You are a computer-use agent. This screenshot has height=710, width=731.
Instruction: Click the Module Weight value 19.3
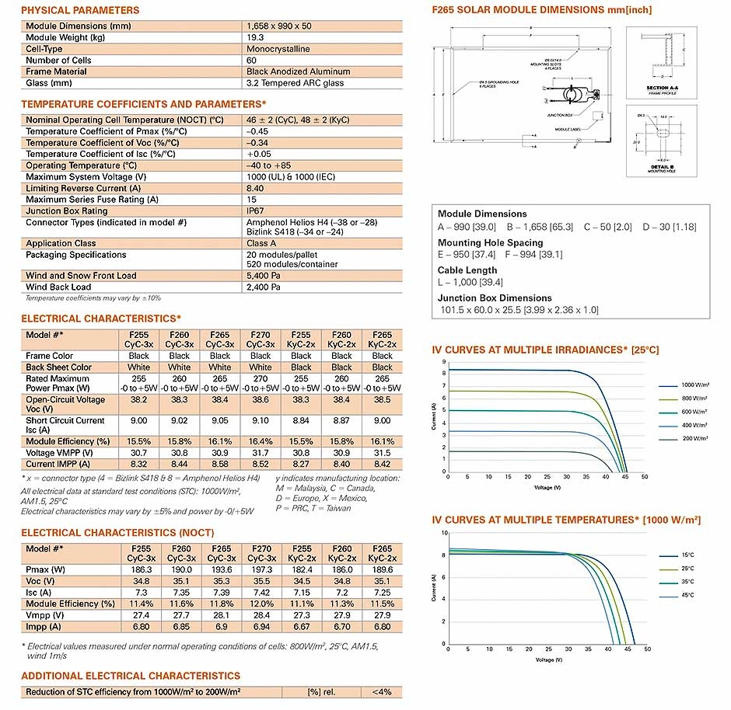(x=254, y=37)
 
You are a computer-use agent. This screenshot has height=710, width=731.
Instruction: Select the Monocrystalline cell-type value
(x=278, y=49)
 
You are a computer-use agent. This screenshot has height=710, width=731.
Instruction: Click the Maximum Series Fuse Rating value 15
(x=251, y=200)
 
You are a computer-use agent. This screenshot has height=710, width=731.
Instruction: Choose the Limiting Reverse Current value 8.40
(x=255, y=189)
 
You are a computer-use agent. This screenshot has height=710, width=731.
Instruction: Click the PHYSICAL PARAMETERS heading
(x=80, y=10)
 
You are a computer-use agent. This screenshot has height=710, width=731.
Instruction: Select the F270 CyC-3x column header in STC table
(x=261, y=339)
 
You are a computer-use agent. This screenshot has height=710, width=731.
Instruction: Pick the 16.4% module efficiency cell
(x=261, y=441)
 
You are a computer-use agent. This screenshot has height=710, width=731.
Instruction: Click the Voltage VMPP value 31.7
(x=261, y=453)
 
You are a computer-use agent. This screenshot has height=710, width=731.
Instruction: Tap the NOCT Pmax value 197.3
(x=261, y=570)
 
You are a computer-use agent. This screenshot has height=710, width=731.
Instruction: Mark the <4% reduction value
(x=383, y=692)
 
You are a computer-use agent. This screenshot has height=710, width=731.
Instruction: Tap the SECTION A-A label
(x=663, y=89)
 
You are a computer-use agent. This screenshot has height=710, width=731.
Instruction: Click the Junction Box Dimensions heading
(x=495, y=298)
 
